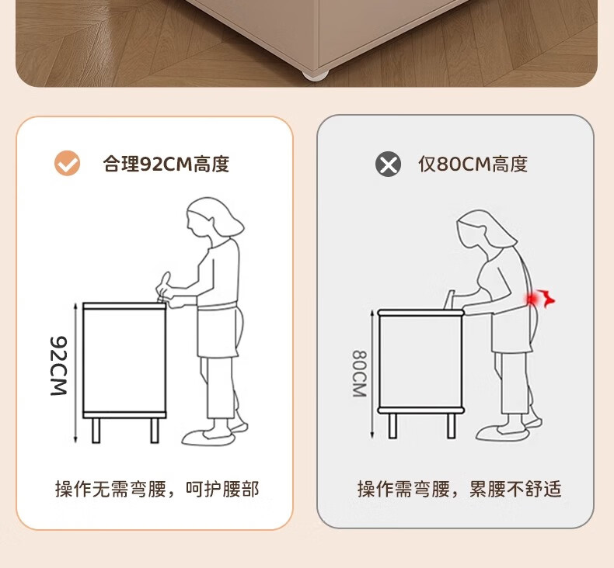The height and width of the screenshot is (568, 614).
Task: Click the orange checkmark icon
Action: point(67,163)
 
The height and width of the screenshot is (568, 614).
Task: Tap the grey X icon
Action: point(388,164)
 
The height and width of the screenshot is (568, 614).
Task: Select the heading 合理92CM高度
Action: point(166,164)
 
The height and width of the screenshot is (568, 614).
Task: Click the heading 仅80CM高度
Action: point(473,164)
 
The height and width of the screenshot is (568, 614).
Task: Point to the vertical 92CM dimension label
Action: point(59,365)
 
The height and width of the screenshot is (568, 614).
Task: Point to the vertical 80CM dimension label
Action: point(360,373)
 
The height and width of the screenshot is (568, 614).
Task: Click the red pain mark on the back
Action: point(540,299)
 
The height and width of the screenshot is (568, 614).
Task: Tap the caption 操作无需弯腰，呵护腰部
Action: point(157,489)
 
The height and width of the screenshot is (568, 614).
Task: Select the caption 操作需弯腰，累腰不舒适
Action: point(459,489)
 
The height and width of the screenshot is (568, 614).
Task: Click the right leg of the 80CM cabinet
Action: point(452,425)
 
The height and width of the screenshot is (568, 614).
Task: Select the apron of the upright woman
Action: point(218,331)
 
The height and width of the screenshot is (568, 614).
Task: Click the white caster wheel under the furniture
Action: point(316,75)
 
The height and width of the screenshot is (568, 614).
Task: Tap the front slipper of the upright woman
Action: point(208,438)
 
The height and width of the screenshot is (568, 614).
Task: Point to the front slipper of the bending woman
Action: point(502,433)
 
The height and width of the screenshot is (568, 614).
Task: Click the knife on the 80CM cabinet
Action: point(450,300)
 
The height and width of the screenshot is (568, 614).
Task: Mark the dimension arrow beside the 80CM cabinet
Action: point(372,373)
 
